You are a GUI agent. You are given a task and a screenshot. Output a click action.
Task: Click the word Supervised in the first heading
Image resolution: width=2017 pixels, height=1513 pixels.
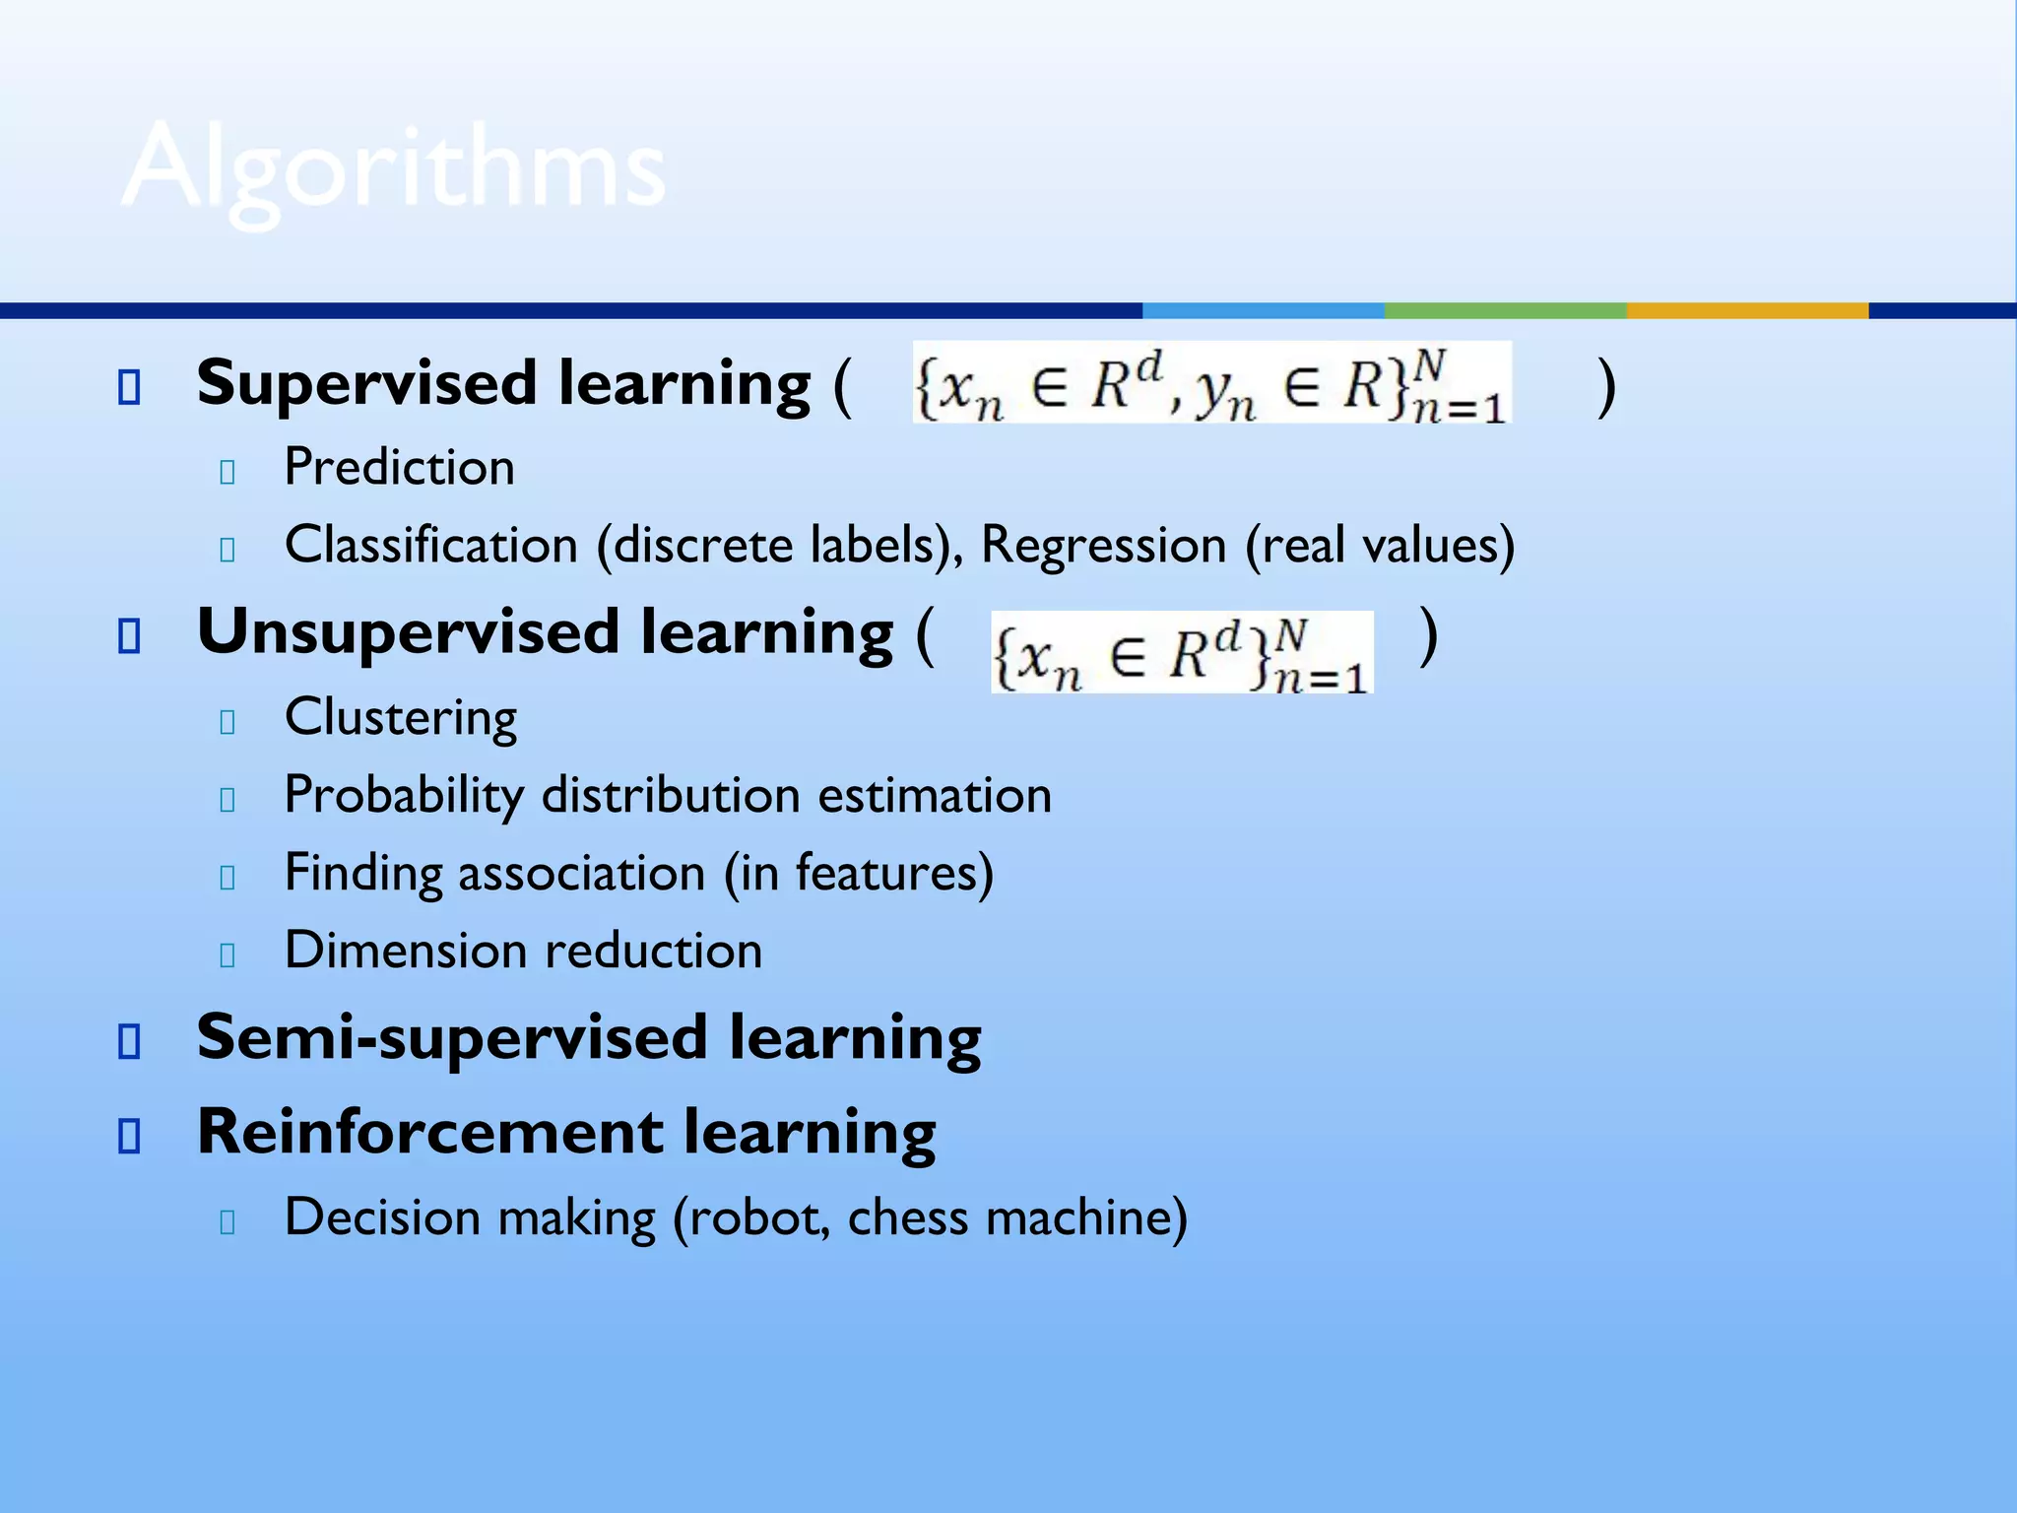click(366, 383)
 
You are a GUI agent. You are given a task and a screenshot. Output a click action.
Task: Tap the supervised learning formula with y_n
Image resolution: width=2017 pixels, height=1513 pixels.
click(1211, 383)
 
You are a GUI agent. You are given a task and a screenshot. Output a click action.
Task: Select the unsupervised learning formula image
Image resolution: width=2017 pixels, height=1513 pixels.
click(1181, 652)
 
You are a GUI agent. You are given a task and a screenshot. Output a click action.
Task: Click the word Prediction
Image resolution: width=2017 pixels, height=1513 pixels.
click(399, 467)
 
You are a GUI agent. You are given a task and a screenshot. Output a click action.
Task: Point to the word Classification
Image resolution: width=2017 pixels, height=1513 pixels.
click(430, 545)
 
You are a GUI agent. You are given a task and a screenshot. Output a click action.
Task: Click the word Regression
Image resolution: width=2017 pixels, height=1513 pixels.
click(1102, 545)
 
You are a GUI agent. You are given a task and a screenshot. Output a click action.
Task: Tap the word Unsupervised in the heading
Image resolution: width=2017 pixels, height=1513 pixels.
click(408, 632)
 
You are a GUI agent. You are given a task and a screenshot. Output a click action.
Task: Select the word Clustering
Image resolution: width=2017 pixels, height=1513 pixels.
click(400, 717)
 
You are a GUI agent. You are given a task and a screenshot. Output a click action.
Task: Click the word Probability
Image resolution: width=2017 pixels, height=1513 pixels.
click(404, 796)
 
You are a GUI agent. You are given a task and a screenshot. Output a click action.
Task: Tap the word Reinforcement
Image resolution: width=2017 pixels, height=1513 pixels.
click(429, 1133)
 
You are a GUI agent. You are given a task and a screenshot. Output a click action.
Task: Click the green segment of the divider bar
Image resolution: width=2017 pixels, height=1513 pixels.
click(1505, 310)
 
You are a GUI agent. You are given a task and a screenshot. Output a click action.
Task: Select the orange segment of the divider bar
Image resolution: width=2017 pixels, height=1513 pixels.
click(1746, 310)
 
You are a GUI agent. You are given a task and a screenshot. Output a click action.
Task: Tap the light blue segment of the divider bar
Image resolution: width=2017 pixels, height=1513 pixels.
click(1263, 310)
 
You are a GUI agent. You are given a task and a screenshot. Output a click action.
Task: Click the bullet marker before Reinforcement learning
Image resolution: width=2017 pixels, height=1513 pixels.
click(129, 1136)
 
